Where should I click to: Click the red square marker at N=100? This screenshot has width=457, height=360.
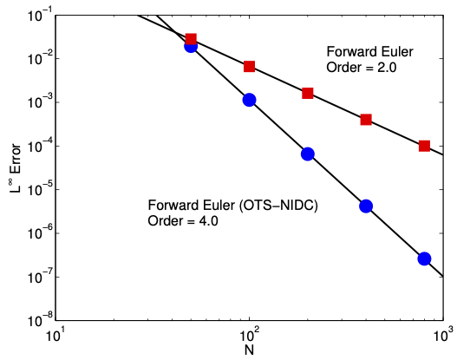tap(249, 67)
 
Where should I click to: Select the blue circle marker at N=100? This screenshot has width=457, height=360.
tap(249, 100)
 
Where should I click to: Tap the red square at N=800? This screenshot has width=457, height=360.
tap(424, 146)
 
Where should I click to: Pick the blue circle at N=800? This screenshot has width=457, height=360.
tap(424, 259)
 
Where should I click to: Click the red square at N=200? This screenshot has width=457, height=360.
tap(308, 94)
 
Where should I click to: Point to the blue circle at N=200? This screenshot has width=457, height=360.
tap(308, 154)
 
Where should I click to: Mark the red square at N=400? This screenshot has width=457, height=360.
tap(366, 120)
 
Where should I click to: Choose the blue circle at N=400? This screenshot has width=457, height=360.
tap(366, 206)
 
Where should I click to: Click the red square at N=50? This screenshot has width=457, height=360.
tap(191, 39)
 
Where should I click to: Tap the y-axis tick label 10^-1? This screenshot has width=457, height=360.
tap(39, 15)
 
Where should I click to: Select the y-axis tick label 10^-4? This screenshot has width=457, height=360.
tap(39, 146)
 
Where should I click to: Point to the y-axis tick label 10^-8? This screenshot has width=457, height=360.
tap(39, 320)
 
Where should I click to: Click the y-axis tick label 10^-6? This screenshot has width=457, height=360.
tap(39, 233)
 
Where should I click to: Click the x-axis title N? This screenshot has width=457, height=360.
tap(249, 350)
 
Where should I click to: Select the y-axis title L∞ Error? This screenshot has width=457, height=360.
tap(15, 168)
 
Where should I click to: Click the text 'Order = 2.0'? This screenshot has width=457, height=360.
tap(362, 68)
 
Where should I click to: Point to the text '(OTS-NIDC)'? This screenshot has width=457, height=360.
tap(278, 206)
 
